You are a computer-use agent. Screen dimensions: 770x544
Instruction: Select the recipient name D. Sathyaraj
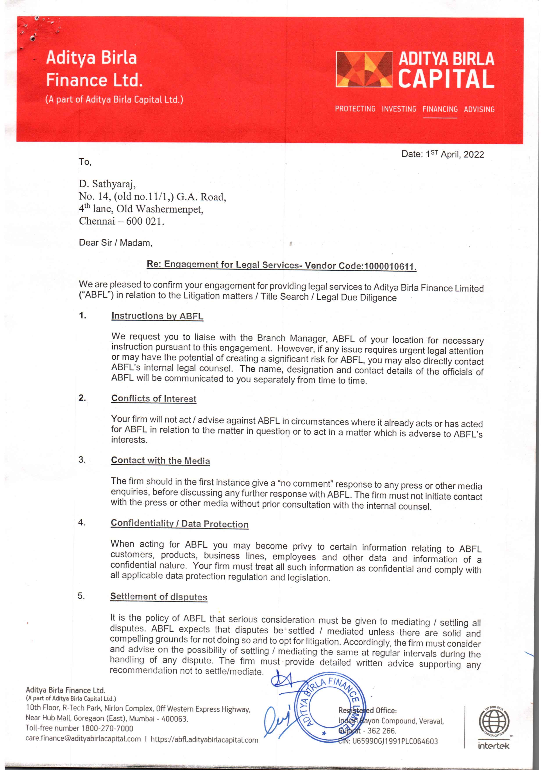(107, 184)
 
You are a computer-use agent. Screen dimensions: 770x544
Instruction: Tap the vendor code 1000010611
(390, 267)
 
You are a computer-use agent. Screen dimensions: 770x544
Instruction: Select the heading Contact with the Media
(160, 461)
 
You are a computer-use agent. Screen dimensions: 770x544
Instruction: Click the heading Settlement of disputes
(159, 597)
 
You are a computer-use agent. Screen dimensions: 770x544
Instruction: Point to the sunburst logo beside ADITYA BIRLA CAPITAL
(364, 69)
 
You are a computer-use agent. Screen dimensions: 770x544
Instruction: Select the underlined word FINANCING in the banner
(440, 109)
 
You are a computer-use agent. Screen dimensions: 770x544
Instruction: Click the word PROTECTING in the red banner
(355, 109)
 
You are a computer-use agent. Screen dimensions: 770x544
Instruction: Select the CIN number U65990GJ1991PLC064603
(394, 741)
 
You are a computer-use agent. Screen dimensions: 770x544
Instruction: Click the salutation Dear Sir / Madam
(116, 243)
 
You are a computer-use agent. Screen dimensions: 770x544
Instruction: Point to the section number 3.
(82, 459)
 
